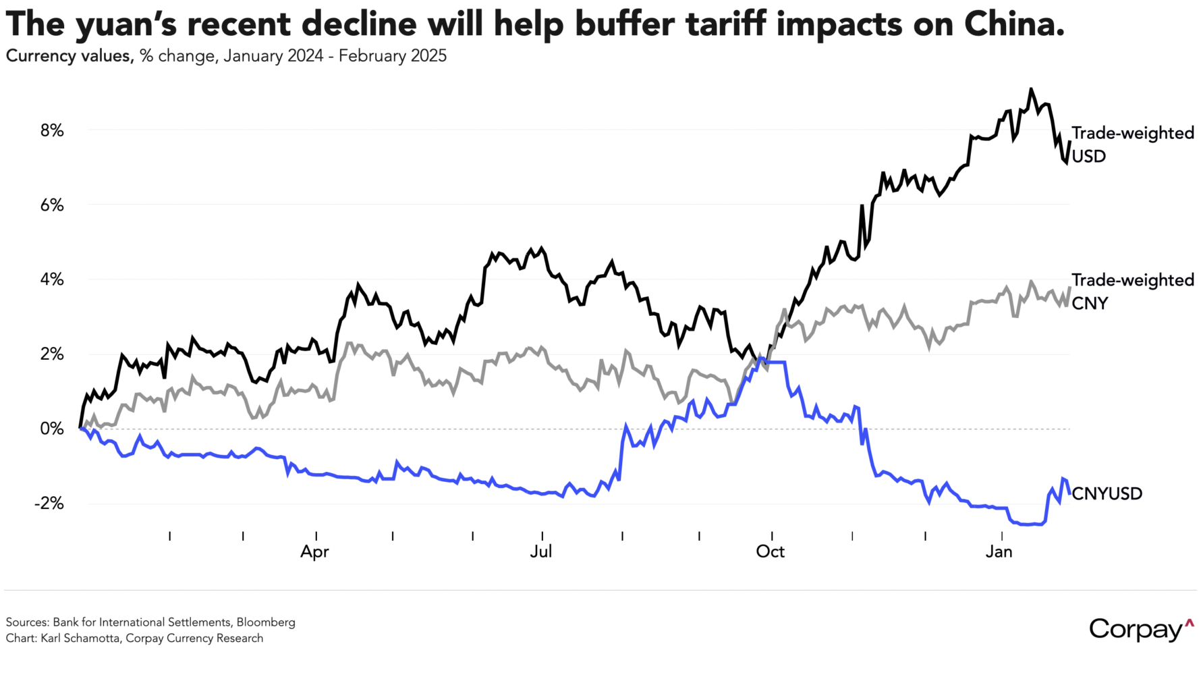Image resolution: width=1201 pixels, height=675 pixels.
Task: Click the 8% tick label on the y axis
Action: (52, 131)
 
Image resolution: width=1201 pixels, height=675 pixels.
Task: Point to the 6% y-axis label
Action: (52, 205)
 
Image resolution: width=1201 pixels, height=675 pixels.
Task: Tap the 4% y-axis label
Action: (52, 280)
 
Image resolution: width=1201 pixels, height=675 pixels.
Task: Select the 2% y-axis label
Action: (52, 354)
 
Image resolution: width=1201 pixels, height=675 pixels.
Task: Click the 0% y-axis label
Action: (52, 429)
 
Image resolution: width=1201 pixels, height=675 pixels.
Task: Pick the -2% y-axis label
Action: (49, 504)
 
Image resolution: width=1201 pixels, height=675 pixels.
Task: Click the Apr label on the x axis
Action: (314, 552)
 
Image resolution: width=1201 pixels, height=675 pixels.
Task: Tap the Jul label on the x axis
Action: (541, 552)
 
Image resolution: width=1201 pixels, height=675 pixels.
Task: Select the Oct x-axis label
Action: (770, 552)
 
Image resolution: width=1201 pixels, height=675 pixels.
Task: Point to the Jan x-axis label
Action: (999, 552)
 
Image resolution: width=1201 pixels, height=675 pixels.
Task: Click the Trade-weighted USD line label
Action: (1132, 144)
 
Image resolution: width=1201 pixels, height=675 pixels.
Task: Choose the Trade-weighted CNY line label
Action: (1132, 292)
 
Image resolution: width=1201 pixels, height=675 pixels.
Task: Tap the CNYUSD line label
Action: (1107, 494)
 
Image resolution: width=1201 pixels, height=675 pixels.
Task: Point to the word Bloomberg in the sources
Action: (266, 622)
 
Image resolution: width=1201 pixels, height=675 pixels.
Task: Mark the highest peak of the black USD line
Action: (1030, 89)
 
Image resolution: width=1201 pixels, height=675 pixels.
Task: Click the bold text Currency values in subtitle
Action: (68, 56)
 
